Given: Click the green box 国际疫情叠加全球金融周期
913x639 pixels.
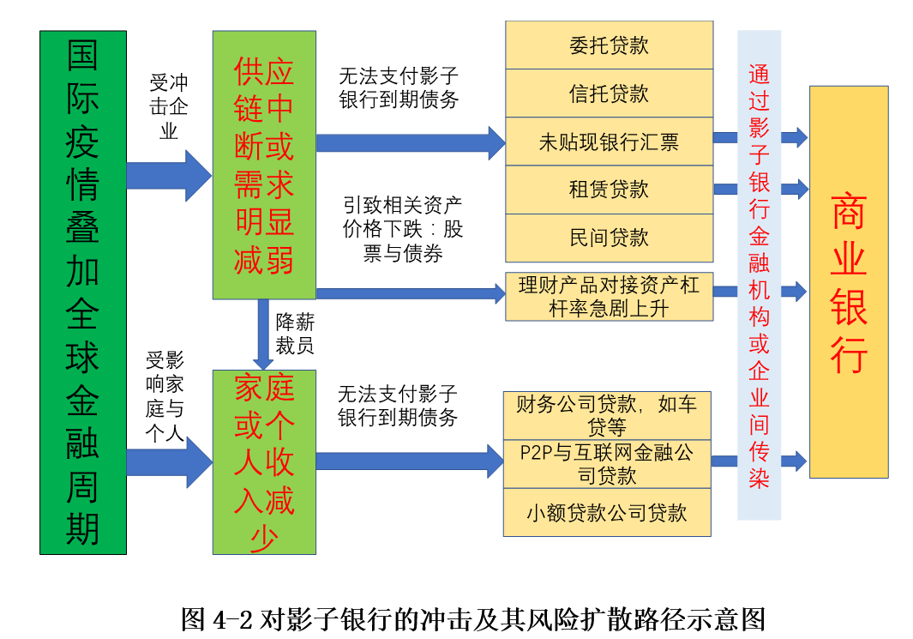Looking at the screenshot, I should tap(83, 292).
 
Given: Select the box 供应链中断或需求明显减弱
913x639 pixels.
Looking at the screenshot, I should tap(264, 166).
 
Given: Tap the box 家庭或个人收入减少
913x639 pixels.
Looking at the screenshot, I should tap(264, 462).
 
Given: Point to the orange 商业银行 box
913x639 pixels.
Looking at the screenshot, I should tap(848, 282).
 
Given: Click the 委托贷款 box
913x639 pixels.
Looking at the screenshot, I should tap(609, 45).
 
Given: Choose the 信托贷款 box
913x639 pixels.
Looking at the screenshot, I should tap(609, 93).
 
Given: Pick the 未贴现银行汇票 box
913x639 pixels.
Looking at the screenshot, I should tap(609, 142).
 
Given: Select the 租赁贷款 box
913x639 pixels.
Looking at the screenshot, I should tap(609, 190).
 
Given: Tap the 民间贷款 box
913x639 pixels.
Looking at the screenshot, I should tap(609, 238).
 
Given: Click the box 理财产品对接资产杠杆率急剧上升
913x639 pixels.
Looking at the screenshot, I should tap(609, 297).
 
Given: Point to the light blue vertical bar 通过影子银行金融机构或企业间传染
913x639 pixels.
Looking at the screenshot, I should tap(759, 275).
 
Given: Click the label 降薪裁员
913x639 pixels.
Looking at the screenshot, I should tap(294, 334).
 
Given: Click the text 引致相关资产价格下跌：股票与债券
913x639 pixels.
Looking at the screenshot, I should tap(402, 230).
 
